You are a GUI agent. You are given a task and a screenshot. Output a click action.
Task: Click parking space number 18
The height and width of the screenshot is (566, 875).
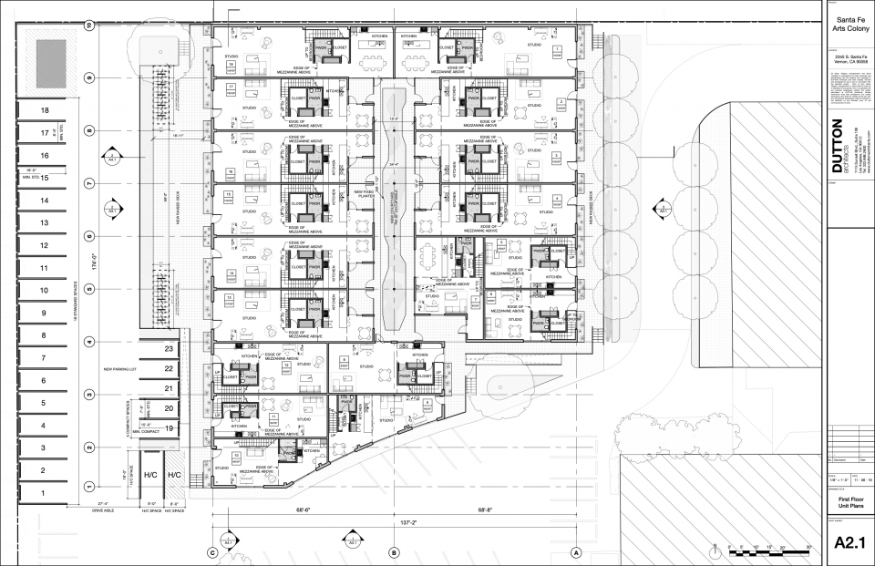pyautogui.click(x=43, y=110)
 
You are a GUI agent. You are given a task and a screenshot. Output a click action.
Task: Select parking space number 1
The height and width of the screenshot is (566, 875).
pyautogui.click(x=43, y=493)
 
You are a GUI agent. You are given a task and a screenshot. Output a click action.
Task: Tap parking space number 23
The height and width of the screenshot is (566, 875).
pyautogui.click(x=169, y=349)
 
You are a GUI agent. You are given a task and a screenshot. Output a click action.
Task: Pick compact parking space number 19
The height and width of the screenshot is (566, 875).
pyautogui.click(x=169, y=427)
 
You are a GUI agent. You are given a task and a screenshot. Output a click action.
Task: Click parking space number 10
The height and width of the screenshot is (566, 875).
pyautogui.click(x=43, y=291)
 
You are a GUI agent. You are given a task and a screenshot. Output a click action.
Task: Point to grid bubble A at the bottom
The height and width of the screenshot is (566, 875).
pyautogui.click(x=576, y=552)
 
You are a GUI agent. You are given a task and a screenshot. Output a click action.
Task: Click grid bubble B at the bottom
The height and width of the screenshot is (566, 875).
pyautogui.click(x=394, y=552)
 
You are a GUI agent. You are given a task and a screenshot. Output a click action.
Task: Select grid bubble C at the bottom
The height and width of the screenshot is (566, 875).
pyautogui.click(x=212, y=552)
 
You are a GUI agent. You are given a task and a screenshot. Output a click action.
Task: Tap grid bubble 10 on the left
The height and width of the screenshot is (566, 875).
pyautogui.click(x=89, y=26)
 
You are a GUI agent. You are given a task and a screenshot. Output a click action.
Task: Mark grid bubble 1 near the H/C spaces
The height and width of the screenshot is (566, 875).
pyautogui.click(x=89, y=486)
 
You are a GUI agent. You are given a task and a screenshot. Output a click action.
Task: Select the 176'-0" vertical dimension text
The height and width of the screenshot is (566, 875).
pyautogui.click(x=80, y=264)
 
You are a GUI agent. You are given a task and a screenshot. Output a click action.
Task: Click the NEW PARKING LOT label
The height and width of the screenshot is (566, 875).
pyautogui.click(x=120, y=370)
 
